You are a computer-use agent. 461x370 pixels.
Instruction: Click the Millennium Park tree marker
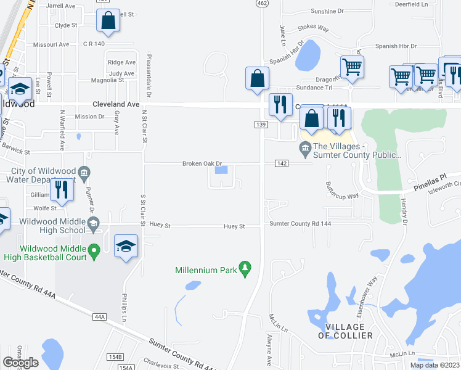pos(245,268)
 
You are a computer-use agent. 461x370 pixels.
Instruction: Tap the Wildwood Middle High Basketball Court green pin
pos(94,251)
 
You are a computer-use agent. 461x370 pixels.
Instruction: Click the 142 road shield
pos(282,163)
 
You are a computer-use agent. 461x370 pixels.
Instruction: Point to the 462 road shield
pos(262,3)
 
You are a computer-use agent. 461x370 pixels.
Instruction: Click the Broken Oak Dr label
pos(201,163)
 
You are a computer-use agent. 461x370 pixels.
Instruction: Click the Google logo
pos(20,363)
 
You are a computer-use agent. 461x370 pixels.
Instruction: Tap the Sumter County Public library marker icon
pos(304,147)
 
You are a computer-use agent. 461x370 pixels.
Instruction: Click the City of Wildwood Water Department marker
pos(84,171)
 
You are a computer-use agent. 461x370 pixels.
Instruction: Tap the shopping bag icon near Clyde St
pos(108,20)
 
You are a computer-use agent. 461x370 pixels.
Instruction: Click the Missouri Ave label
pos(51,44)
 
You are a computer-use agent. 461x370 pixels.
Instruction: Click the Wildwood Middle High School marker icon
pos(94,226)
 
